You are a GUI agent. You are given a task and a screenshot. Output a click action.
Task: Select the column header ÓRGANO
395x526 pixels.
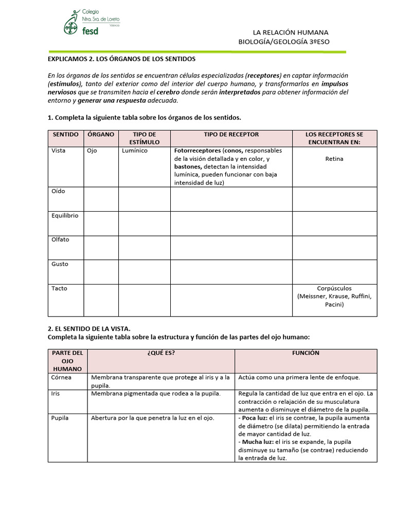[x=101, y=135]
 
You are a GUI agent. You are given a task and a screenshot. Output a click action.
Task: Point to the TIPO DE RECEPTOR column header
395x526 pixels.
[x=231, y=135]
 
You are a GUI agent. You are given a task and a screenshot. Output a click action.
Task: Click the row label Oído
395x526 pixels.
[x=58, y=191]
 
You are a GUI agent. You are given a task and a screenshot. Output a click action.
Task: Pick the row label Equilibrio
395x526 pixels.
[x=65, y=216]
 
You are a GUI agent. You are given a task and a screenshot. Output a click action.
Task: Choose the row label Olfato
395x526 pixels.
[x=60, y=240]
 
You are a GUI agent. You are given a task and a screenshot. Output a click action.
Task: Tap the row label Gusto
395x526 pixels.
[x=60, y=264]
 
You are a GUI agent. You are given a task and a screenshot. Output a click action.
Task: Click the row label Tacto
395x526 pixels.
[x=59, y=289]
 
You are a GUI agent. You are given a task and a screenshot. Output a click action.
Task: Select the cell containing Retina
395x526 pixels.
[x=334, y=159]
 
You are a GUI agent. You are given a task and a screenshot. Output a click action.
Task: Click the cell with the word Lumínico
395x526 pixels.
[x=135, y=151]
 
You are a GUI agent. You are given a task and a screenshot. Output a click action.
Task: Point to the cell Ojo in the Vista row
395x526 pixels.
[x=92, y=151]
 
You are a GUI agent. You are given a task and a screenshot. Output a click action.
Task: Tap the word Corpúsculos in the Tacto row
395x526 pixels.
[x=334, y=289]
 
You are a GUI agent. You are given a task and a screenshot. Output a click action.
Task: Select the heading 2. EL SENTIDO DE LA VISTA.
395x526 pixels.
[x=90, y=328]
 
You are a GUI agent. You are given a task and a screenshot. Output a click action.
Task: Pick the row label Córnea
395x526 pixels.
[x=62, y=377]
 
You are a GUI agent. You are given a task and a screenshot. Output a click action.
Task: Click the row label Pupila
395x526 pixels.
[x=60, y=418]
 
